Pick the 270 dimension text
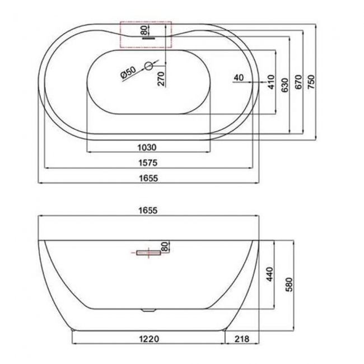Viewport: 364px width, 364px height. pos(160,79)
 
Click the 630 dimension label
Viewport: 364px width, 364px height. pos(285,83)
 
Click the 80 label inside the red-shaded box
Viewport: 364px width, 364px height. pos(144,29)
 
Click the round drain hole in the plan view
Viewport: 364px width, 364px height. pos(149,66)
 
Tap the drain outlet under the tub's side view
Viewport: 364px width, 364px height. pos(148,309)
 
